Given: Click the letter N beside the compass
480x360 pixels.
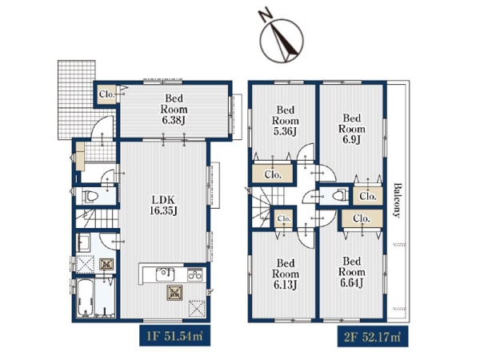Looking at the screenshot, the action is (x=266, y=15).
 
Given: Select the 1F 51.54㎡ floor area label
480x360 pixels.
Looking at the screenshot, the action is (x=174, y=336).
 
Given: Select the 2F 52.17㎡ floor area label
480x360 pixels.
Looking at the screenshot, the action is (x=373, y=337).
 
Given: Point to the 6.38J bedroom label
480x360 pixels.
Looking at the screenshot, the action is (x=174, y=110).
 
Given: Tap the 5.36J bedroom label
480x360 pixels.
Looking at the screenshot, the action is (x=286, y=121).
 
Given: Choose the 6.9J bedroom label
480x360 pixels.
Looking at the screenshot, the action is (x=351, y=129).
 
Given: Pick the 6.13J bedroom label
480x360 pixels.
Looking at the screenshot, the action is (x=286, y=274).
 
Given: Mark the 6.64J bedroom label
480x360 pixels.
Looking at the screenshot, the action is (x=351, y=272).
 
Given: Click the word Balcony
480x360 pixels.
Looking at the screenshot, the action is (x=397, y=200).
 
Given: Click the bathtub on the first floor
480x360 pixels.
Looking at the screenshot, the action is (x=85, y=298).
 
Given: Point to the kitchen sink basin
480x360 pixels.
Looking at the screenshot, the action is (x=166, y=274).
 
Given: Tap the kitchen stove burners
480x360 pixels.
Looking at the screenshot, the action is (x=195, y=274).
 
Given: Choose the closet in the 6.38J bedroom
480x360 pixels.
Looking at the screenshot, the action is (x=106, y=94).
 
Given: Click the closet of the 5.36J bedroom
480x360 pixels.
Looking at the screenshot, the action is (x=273, y=174).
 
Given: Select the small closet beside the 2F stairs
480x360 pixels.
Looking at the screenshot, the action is (x=284, y=218).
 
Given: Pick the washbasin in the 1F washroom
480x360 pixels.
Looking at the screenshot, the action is (x=83, y=242).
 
